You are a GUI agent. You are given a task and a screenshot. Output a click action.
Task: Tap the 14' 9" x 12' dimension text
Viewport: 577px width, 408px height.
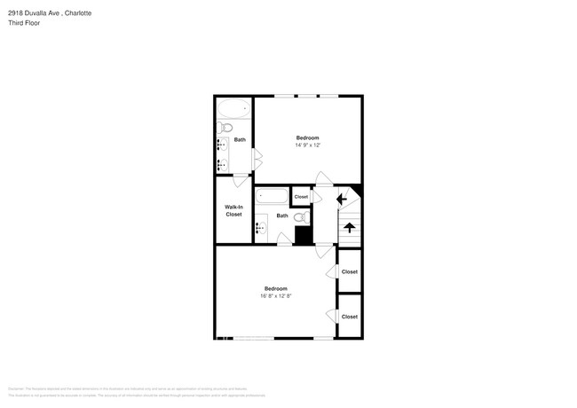pyautogui.click(x=307, y=145)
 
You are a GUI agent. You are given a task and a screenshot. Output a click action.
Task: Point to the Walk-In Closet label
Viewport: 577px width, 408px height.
pyautogui.click(x=233, y=210)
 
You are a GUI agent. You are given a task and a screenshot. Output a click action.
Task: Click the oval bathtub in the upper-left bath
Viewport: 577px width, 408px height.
pyautogui.click(x=234, y=109)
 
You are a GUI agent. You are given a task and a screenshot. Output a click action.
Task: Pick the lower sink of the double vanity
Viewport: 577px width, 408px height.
pyautogui.click(x=221, y=164)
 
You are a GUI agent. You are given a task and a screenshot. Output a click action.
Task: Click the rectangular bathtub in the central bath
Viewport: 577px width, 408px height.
pyautogui.click(x=271, y=197)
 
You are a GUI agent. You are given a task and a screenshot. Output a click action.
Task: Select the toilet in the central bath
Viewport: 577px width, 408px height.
pyautogui.click(x=300, y=216)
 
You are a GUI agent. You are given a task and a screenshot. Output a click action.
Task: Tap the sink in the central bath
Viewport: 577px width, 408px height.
pyautogui.click(x=261, y=227)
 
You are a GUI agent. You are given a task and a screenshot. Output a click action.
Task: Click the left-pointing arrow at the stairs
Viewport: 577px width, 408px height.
pyautogui.click(x=342, y=200)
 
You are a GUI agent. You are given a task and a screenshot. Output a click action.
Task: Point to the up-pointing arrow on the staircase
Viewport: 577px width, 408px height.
pyautogui.click(x=349, y=227)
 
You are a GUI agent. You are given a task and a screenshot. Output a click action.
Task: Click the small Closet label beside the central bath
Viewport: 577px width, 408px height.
pyautogui.click(x=301, y=197)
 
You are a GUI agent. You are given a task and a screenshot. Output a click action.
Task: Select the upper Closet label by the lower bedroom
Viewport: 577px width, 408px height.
pyautogui.click(x=349, y=272)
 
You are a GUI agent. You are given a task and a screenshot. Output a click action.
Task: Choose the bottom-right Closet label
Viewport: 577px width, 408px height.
pyautogui.click(x=349, y=317)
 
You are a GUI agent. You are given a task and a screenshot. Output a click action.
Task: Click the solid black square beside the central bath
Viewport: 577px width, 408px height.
pyautogui.click(x=304, y=236)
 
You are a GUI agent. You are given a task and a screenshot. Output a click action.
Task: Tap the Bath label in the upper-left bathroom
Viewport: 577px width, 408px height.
pyautogui.click(x=240, y=140)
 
